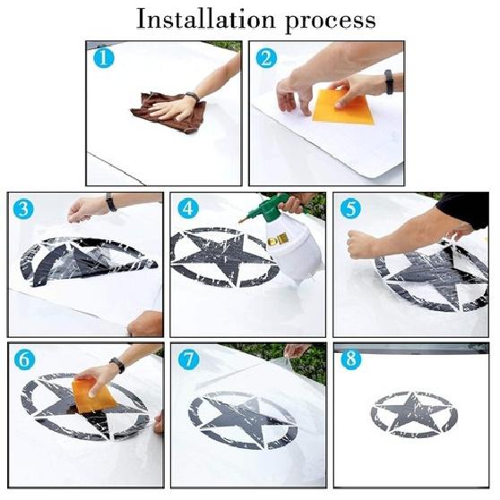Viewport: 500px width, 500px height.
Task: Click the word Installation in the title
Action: pos(206,20)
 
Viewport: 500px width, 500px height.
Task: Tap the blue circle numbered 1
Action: pos(104,58)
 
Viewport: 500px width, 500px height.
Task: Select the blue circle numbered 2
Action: pos(267,58)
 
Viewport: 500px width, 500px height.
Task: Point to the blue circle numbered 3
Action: pos(23,209)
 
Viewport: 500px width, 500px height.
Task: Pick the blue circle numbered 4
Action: pos(188,209)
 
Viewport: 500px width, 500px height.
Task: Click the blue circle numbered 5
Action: pos(350,209)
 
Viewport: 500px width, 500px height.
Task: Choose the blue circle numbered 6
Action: pos(24,359)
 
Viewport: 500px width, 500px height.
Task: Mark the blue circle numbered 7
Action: pos(189,359)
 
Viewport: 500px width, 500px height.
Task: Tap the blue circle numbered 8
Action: pos(351,359)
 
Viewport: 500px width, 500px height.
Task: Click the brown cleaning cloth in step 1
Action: pos(169,112)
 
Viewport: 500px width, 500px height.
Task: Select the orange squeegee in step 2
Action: pos(343,108)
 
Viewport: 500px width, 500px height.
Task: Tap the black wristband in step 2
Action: pos(389,82)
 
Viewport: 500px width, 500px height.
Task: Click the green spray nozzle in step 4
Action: pos(268,208)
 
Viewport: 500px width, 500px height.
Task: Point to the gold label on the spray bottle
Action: pos(278,238)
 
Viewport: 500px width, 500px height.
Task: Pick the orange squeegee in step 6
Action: pos(92,394)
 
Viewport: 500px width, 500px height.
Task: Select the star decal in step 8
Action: pos(414,414)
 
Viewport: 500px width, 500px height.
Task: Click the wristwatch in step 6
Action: pos(117,365)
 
